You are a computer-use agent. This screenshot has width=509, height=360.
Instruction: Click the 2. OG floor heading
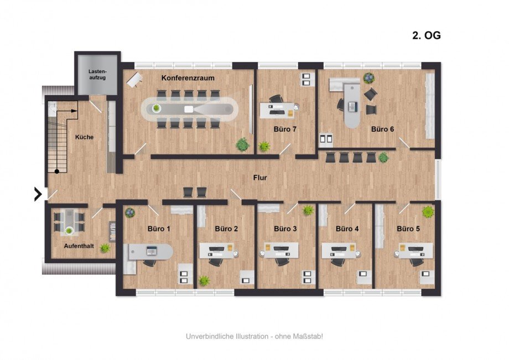[426, 35]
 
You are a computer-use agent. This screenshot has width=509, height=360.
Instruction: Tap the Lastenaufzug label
[97, 75]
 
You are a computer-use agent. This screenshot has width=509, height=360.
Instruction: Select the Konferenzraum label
[188, 78]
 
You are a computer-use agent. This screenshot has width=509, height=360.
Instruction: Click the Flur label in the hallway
[260, 178]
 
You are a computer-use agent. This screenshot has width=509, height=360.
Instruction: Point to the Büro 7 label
[285, 129]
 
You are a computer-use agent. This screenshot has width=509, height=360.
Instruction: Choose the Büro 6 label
[382, 129]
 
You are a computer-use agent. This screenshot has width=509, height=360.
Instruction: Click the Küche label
[85, 137]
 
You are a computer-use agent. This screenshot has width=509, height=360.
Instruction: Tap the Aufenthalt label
[79, 246]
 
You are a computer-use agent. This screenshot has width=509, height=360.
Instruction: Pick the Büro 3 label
[285, 228]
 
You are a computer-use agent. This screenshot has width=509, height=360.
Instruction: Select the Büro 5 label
[408, 228]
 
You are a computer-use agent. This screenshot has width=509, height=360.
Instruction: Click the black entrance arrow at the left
[38, 194]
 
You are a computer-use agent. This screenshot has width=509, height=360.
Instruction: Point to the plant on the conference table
[157, 108]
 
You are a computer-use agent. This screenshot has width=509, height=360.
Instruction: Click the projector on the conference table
[188, 109]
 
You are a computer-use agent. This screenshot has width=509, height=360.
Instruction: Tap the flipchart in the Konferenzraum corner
[134, 80]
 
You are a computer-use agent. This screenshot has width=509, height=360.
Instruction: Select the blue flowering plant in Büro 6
[369, 78]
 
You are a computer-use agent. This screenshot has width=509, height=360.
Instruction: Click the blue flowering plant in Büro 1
[130, 213]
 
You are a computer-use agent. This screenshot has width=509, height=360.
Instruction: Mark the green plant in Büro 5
[428, 212]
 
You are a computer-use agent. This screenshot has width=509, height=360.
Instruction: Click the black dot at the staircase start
[57, 171]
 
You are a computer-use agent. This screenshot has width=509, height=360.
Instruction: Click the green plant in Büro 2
[204, 280]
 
